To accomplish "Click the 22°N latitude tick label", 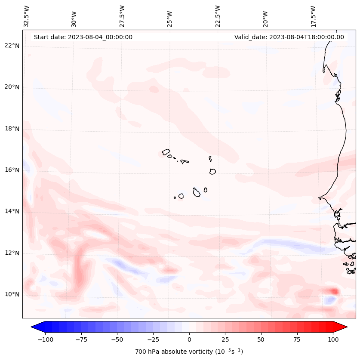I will pyautogui.click(x=12, y=46).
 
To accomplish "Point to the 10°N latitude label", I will pyautogui.click(x=12, y=294).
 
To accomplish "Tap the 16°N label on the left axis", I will pyautogui.click(x=12, y=170).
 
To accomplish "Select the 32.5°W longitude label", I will pyautogui.click(x=27, y=16).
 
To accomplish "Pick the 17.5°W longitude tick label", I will pyautogui.click(x=313, y=16).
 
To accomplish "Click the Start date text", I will pyautogui.click(x=83, y=37).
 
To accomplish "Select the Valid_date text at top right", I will pyautogui.click(x=289, y=37).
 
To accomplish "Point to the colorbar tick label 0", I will pyautogui.click(x=189, y=339).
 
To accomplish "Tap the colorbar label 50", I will pyautogui.click(x=261, y=339).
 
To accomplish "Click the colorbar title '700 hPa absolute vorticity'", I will pyautogui.click(x=189, y=352).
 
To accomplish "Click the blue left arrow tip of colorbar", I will pyautogui.click(x=33, y=327).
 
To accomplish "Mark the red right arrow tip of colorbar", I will pyautogui.click(x=345, y=327).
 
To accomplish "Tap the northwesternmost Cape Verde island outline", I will pyautogui.click(x=166, y=152).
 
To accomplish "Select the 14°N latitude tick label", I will pyautogui.click(x=12, y=211).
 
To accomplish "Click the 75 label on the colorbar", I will pyautogui.click(x=297, y=339).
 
